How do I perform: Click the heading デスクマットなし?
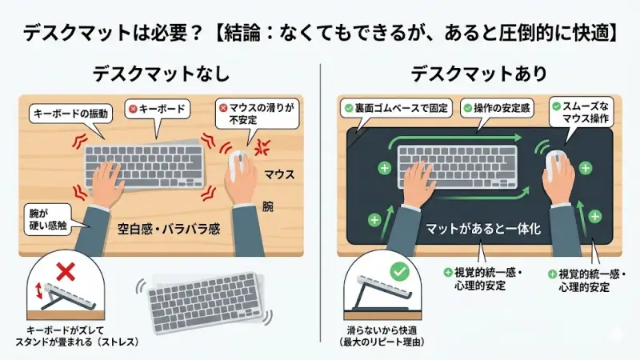[161, 74]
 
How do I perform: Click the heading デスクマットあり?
[479, 74]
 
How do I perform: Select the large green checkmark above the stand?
[398, 270]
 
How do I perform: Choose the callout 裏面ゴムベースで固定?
[395, 107]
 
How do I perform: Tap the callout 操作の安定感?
[491, 107]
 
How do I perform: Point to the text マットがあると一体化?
[483, 228]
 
